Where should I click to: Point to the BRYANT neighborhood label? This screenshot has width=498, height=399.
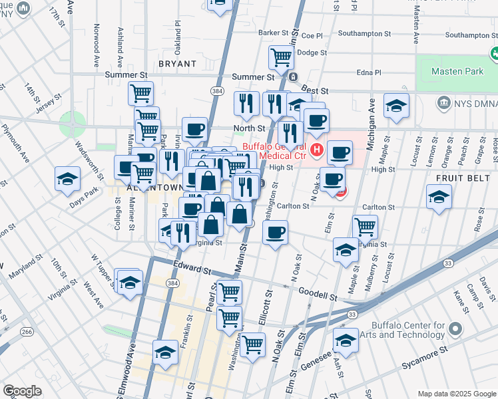point(178,64)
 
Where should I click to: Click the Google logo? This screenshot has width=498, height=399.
point(22,390)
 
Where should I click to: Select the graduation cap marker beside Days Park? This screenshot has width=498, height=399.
point(67,179)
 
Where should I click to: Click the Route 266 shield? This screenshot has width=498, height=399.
point(26,331)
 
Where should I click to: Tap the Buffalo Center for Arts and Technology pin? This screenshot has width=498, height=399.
point(455,329)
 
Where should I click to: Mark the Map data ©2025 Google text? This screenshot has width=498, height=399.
point(456,394)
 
